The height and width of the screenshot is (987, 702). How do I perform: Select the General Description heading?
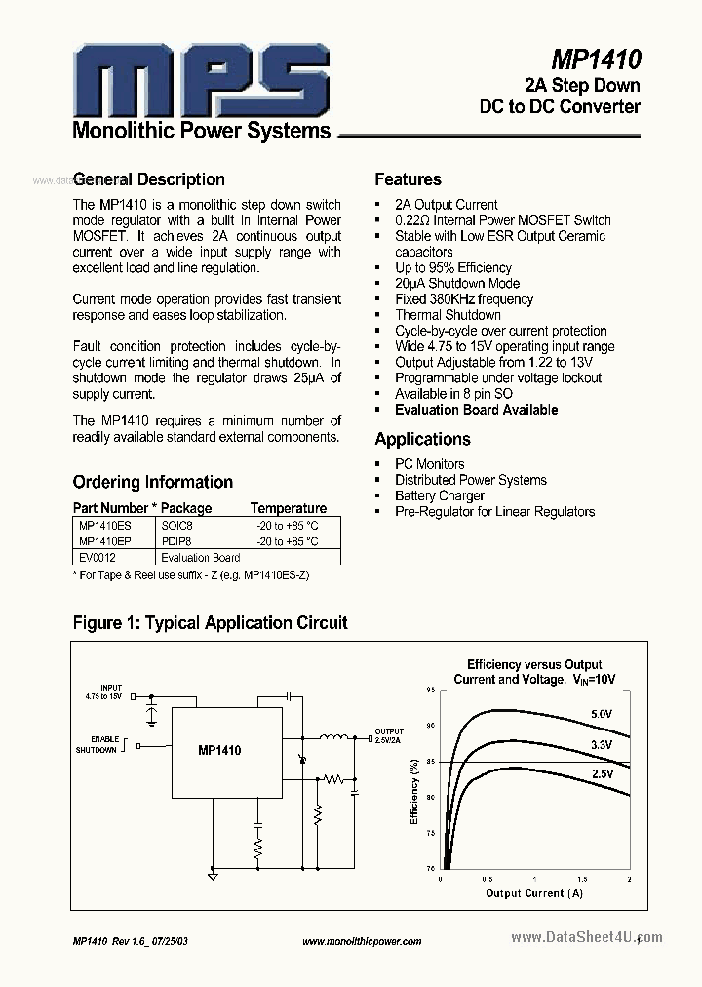pyautogui.click(x=149, y=179)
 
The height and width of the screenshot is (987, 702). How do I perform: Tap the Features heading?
pyautogui.click(x=408, y=179)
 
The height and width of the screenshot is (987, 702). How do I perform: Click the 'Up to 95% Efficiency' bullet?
pyautogui.click(x=452, y=267)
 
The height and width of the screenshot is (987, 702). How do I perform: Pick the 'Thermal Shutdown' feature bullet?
pyautogui.click(x=448, y=315)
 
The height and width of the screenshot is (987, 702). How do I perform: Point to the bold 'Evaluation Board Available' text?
pyautogui.click(x=476, y=410)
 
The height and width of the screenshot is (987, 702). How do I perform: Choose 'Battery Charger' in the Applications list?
pyautogui.click(x=439, y=495)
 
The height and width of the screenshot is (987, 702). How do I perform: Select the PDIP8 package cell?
pyautogui.click(x=177, y=541)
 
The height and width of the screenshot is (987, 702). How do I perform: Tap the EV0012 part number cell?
pyautogui.click(x=97, y=558)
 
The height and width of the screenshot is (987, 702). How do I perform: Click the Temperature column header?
pyautogui.click(x=289, y=508)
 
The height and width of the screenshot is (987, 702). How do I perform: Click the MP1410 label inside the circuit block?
pyautogui.click(x=219, y=750)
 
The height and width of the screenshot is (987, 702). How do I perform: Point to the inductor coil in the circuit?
pyautogui.click(x=334, y=737)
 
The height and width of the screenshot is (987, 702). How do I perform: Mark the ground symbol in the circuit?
pyautogui.click(x=213, y=876)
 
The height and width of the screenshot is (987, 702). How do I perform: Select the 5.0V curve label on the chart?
pyautogui.click(x=603, y=714)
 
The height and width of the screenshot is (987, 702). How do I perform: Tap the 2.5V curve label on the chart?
pyautogui.click(x=602, y=773)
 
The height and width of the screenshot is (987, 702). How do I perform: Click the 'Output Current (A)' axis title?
pyautogui.click(x=534, y=892)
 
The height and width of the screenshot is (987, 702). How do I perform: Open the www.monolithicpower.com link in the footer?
pyautogui.click(x=362, y=941)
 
